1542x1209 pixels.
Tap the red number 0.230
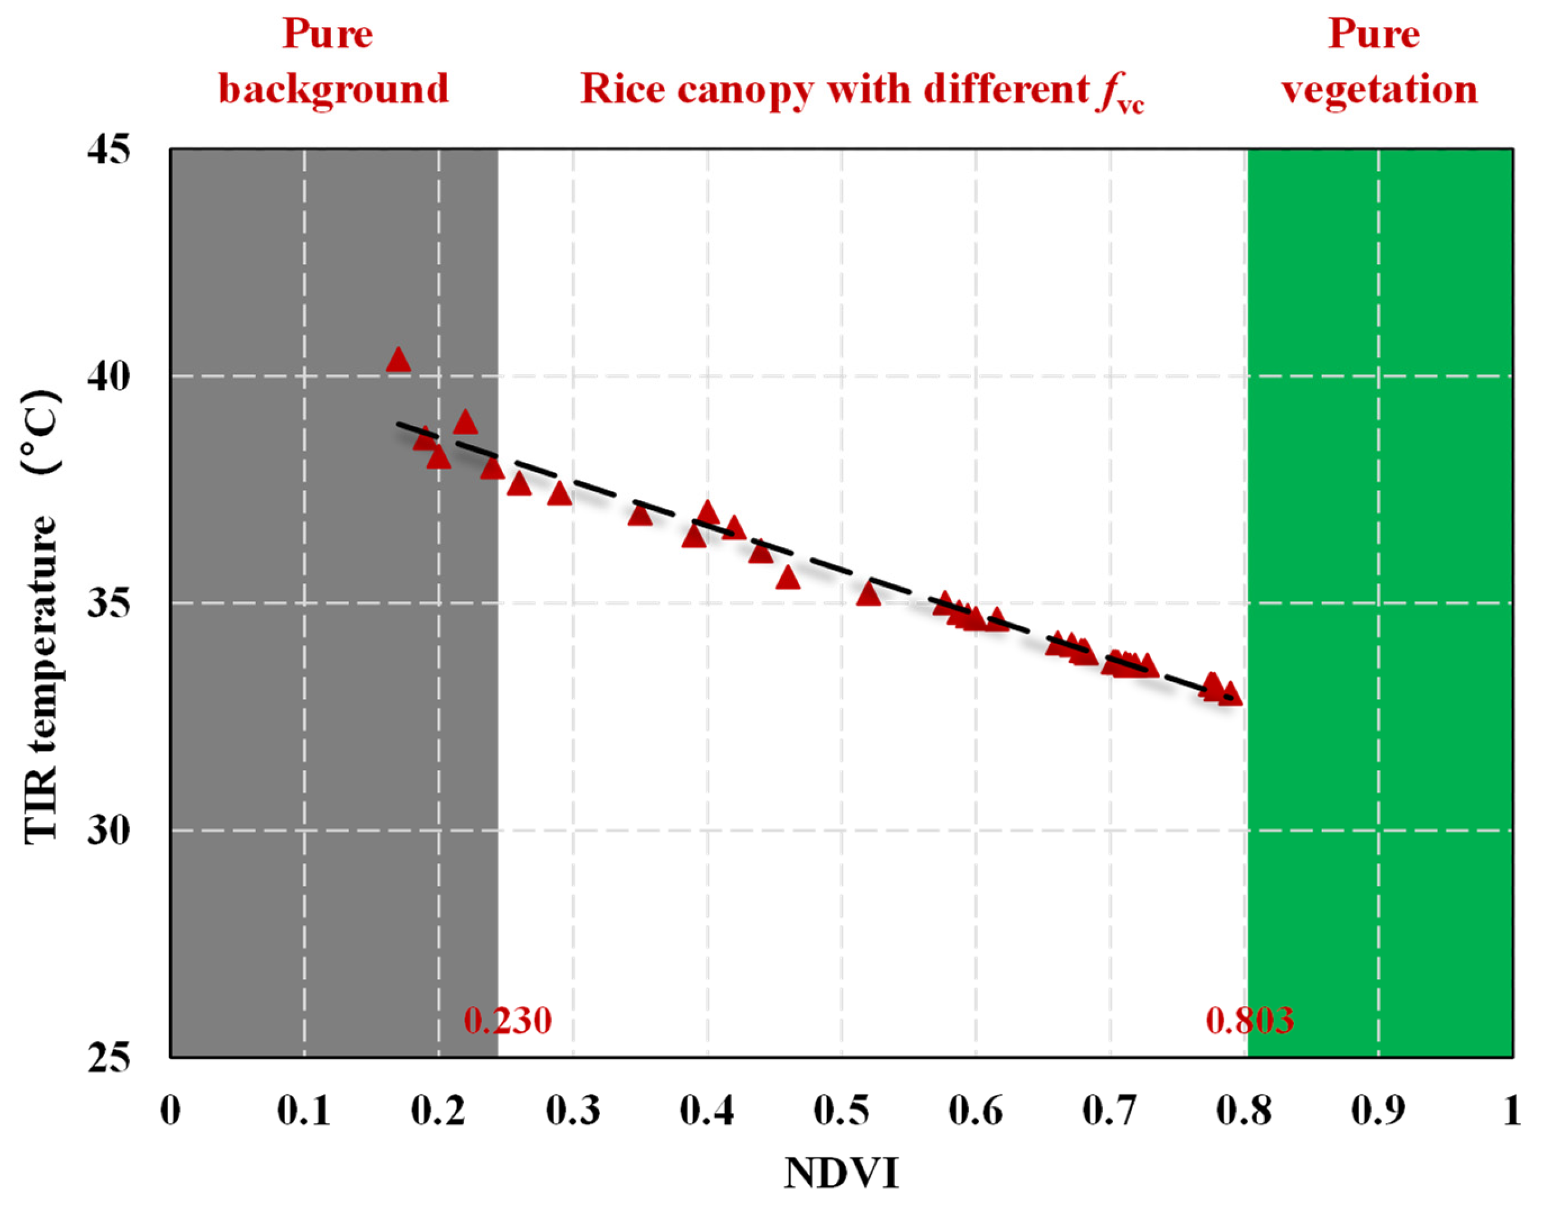507,1021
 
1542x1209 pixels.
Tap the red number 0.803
1250,1021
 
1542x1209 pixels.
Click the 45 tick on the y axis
108,151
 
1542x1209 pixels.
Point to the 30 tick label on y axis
108,830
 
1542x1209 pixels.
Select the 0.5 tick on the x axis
842,1111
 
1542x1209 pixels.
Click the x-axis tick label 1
1512,1111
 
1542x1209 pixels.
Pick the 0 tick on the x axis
170,1111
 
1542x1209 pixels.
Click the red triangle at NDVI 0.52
868,596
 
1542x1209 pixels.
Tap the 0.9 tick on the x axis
1378,1111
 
